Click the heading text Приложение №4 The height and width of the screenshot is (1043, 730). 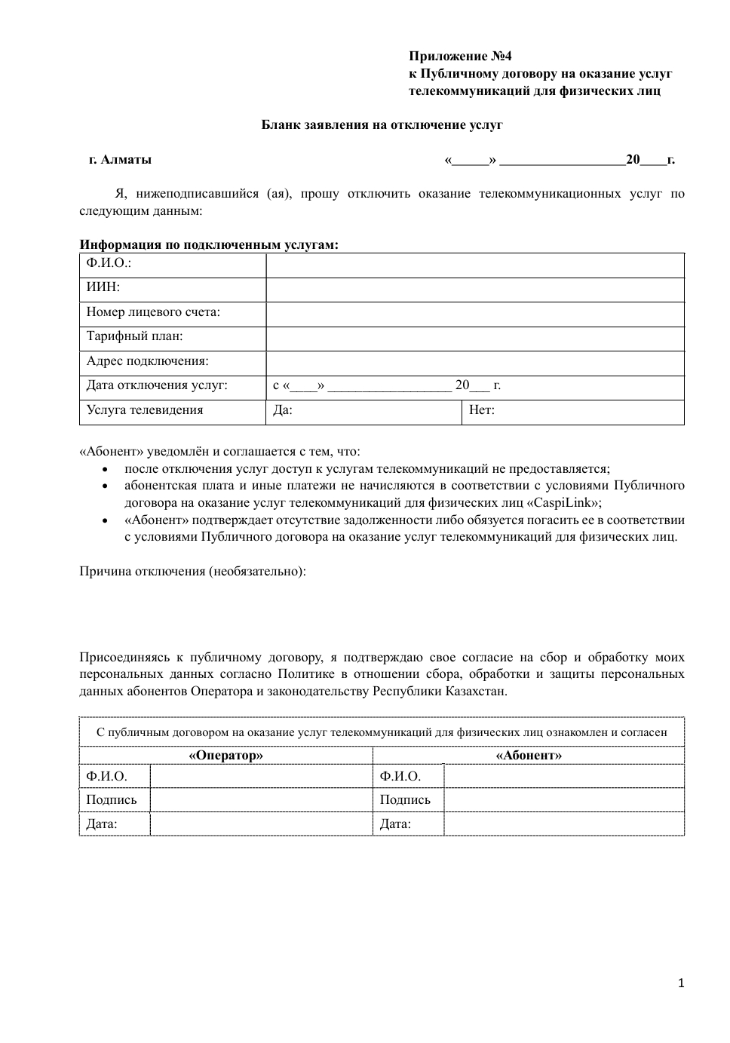460,56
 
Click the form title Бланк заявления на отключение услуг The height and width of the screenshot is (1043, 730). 382,124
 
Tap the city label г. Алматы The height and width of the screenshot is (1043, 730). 121,159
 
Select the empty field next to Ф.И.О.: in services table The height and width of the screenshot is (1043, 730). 474,265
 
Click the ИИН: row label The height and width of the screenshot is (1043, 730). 103,287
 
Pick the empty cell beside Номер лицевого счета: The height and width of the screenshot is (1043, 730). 474,314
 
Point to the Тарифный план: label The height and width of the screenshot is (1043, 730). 134,336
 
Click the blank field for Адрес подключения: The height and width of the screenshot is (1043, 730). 474,363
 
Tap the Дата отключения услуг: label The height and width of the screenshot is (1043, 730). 157,385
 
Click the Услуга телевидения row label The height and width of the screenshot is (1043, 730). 145,410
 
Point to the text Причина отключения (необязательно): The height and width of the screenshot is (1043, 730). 193,571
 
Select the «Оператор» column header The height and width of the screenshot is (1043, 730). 226,755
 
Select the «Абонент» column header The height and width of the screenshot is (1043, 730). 529,755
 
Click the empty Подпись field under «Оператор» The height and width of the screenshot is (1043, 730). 261,800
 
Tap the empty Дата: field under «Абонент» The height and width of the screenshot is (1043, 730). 563,824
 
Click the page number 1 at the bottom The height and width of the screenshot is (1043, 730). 681,983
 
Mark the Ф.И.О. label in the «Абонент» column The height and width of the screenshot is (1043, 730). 400,777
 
